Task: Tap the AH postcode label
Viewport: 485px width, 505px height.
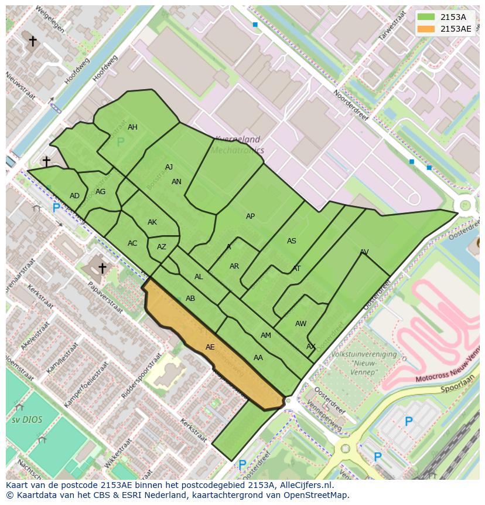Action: [x=132, y=127]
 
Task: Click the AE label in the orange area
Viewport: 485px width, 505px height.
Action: [x=210, y=347]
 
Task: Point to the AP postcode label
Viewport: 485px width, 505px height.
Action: [x=250, y=216]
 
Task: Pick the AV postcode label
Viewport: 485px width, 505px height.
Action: [x=364, y=252]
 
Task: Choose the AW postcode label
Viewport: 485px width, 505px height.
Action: [x=300, y=324]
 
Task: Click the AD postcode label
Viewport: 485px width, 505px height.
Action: [x=74, y=196]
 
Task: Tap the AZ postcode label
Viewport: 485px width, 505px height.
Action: [x=162, y=247]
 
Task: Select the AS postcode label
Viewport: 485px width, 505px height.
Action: [x=291, y=241]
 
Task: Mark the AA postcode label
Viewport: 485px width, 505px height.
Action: [x=258, y=358]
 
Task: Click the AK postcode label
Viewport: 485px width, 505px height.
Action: [x=152, y=222]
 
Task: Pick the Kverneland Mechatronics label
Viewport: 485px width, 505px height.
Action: [x=237, y=145]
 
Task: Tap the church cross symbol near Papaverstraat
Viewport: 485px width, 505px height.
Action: [x=102, y=268]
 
